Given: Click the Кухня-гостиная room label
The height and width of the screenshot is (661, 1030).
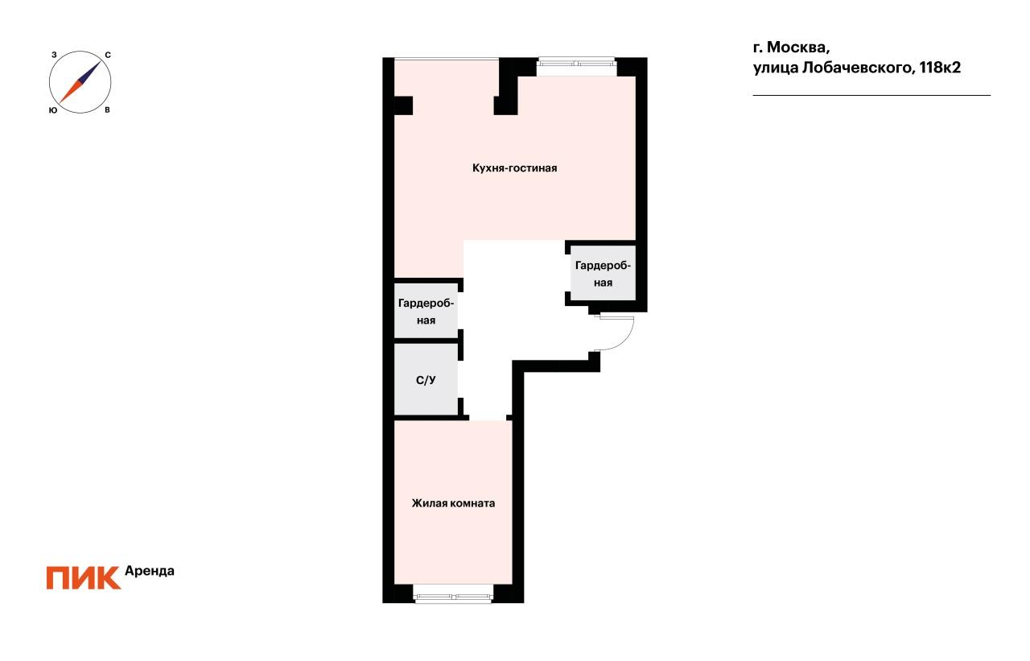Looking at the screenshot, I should tap(515, 168).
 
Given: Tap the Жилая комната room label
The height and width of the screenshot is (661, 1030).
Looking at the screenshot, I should tap(453, 503).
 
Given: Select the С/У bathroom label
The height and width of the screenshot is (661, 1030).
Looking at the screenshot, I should tap(426, 380).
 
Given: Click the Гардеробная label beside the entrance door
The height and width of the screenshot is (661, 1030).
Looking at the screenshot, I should tap(604, 274).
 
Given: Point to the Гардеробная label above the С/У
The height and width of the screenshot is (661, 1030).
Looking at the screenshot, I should tap(426, 312).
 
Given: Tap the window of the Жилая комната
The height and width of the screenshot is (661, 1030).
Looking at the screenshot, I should tap(453, 597).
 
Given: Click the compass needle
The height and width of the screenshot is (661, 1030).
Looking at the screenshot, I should tap(80, 81).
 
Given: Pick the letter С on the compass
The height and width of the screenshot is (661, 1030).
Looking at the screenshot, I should tap(108, 55).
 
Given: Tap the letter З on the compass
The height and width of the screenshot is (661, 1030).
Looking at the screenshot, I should tap(53, 55).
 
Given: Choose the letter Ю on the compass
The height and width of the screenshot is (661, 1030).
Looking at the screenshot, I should tap(52, 109).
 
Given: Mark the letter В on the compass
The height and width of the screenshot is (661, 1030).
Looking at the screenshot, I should tap(107, 109).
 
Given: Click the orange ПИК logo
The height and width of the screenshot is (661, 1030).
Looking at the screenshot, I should tap(83, 577).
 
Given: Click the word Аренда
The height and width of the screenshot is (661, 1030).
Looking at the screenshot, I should tap(150, 571).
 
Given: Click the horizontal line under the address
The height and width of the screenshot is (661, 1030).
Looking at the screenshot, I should tap(871, 96).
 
